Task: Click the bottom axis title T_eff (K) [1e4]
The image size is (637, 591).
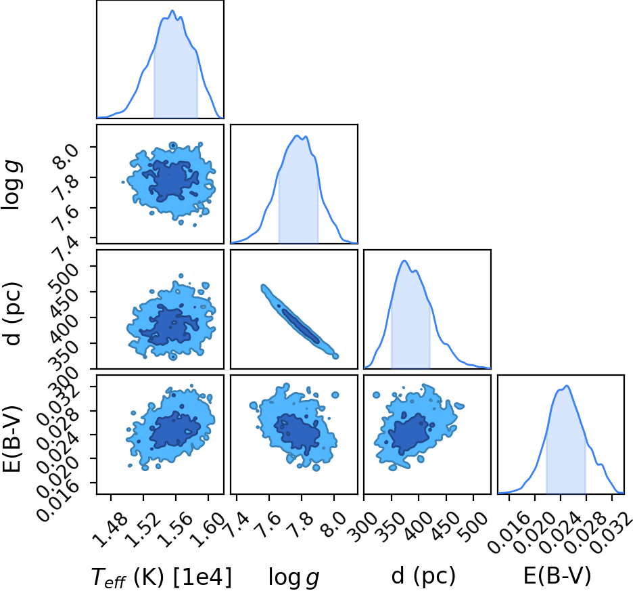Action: pyautogui.click(x=162, y=577)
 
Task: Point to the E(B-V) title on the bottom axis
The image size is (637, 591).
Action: pyautogui.click(x=557, y=576)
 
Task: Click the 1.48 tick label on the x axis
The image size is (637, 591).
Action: pyautogui.click(x=110, y=529)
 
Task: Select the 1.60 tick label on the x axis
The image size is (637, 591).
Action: pyautogui.click(x=208, y=529)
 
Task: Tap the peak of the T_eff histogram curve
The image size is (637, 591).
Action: pyautogui.click(x=172, y=11)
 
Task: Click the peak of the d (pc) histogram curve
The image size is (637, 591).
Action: pyautogui.click(x=404, y=261)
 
